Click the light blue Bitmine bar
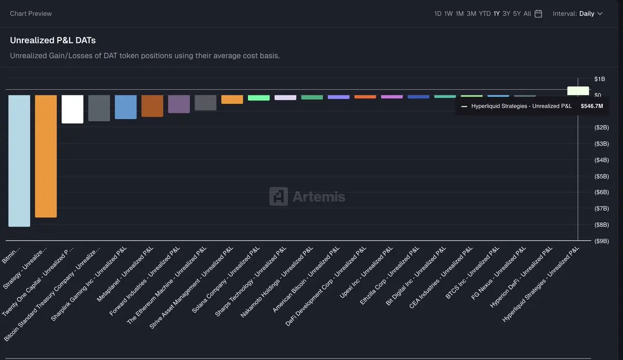[19, 161]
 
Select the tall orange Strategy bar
[46, 156]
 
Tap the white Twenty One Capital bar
[72, 109]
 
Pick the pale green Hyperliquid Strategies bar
[578, 91]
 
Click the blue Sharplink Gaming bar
[126, 107]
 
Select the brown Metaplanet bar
[152, 106]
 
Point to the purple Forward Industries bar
[179, 104]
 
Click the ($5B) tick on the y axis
[602, 176]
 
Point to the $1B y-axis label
[600, 79]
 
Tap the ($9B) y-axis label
[602, 241]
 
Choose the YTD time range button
[484, 14]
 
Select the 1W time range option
[449, 14]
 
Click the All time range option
[527, 14]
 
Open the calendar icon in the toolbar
[538, 14]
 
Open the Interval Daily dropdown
[577, 14]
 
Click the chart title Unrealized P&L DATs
[53, 40]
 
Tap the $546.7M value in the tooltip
[592, 106]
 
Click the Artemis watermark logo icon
[278, 196]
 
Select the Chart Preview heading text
[31, 14]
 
